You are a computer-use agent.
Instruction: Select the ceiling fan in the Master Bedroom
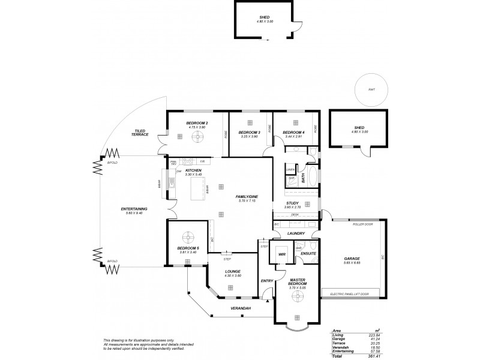(297, 318)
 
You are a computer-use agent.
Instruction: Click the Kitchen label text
(193, 171)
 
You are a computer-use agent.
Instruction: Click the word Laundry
(296, 233)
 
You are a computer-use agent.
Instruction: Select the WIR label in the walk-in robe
(281, 254)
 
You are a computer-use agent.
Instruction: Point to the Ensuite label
(308, 254)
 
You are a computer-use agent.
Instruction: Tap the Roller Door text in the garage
(364, 224)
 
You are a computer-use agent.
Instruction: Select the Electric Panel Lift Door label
(349, 293)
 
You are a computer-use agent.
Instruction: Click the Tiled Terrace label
(140, 133)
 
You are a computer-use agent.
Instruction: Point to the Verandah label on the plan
(241, 308)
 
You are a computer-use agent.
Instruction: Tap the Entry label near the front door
(266, 281)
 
